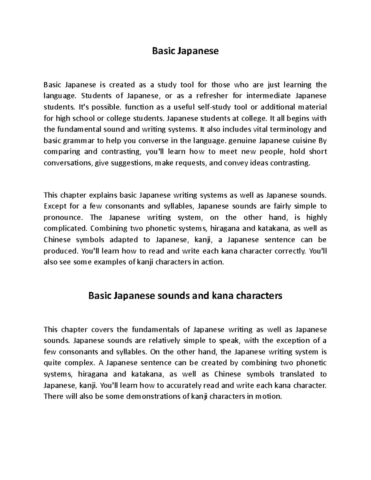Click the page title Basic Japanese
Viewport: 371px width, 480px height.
tap(185, 51)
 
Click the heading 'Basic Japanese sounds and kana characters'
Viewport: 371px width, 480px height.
tap(185, 296)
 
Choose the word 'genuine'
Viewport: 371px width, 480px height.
tap(242, 141)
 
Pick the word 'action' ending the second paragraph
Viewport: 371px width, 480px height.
tap(212, 262)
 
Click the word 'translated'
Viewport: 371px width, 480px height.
tap(296, 374)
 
